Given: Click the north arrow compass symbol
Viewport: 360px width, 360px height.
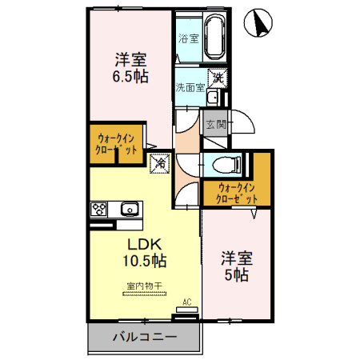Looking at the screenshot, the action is tap(258, 22).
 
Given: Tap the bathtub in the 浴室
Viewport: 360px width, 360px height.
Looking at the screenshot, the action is tap(215, 37).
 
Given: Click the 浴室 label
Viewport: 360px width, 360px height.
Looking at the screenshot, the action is tap(189, 38).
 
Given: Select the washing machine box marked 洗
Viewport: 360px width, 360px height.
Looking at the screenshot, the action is tap(218, 78).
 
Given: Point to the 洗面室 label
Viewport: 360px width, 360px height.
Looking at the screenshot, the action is tap(190, 87).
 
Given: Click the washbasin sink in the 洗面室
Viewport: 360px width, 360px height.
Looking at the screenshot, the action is tap(214, 98).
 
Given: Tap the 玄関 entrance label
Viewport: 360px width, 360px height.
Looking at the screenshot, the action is tap(216, 124).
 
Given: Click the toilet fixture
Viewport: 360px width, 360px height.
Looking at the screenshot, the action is tap(226, 164).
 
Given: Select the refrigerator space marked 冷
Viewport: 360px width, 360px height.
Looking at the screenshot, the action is tap(160, 163).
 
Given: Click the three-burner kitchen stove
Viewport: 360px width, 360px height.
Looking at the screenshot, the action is tap(98, 209).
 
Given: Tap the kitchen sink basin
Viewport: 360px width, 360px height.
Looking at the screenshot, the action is tap(130, 209).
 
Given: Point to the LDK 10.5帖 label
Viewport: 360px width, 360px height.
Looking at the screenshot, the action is tap(145, 253).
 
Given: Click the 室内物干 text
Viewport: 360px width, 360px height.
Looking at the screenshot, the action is tap(144, 286).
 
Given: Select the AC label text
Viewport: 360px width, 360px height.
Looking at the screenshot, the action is tap(187, 302).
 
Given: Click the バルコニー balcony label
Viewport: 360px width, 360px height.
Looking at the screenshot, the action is tap(145, 337).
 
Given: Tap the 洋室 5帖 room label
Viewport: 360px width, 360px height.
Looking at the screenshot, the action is tap(237, 266).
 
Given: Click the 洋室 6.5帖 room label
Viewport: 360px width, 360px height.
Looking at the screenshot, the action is tap(130, 68).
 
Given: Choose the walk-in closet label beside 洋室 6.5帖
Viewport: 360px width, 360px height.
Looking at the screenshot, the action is tap(116, 144).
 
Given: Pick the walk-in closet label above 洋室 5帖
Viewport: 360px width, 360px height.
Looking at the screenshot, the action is tap(237, 194).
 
